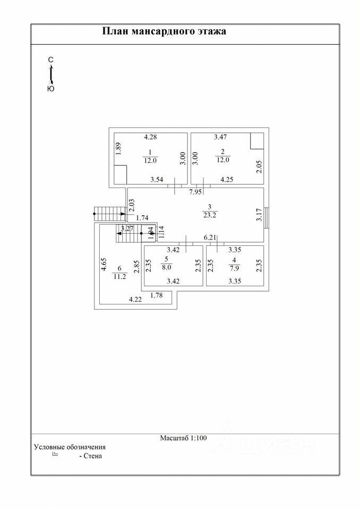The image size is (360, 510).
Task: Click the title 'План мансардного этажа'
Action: pyautogui.click(x=164, y=31)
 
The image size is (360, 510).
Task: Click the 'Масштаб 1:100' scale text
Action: pyautogui.click(x=183, y=438)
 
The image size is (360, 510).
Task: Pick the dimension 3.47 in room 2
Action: pyautogui.click(x=221, y=138)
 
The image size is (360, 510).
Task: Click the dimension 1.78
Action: pyautogui.click(x=156, y=295)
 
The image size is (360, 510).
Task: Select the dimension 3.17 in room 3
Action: pyautogui.click(x=259, y=214)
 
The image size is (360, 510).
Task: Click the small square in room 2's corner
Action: pyautogui.click(x=257, y=141)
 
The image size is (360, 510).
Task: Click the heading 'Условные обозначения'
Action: pyautogui.click(x=70, y=447)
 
